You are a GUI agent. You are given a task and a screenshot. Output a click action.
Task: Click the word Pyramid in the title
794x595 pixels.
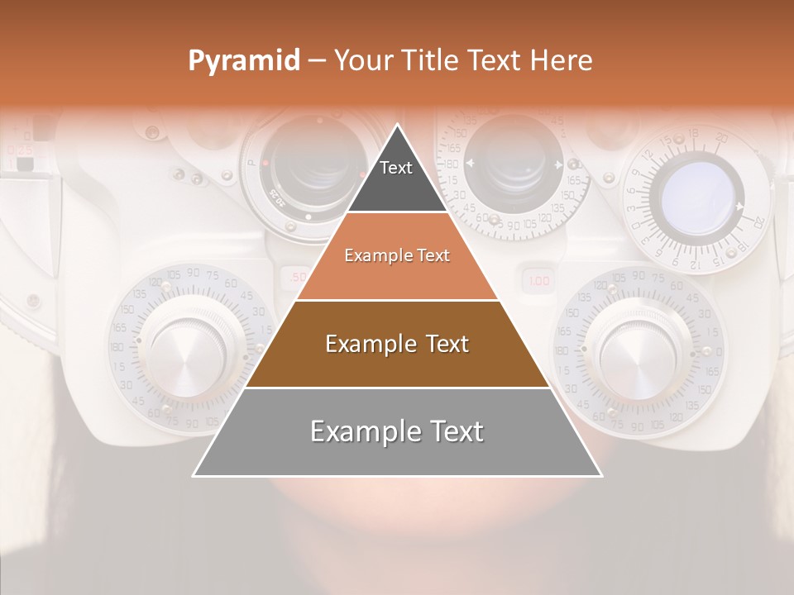tap(243, 61)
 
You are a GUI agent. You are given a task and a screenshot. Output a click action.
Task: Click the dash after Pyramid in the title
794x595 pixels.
tap(317, 61)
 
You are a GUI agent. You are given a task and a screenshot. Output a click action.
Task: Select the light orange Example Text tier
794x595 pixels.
tap(397, 256)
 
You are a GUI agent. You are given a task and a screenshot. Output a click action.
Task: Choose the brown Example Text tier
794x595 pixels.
tap(397, 344)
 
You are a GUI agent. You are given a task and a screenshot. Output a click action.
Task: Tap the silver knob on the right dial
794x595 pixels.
tap(634, 350)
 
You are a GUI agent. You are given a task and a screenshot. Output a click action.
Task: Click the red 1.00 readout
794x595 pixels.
tap(538, 281)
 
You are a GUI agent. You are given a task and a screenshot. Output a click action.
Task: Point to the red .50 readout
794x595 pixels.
tap(297, 277)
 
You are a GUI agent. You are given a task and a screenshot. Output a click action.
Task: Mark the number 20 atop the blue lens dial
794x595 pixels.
tap(721, 137)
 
